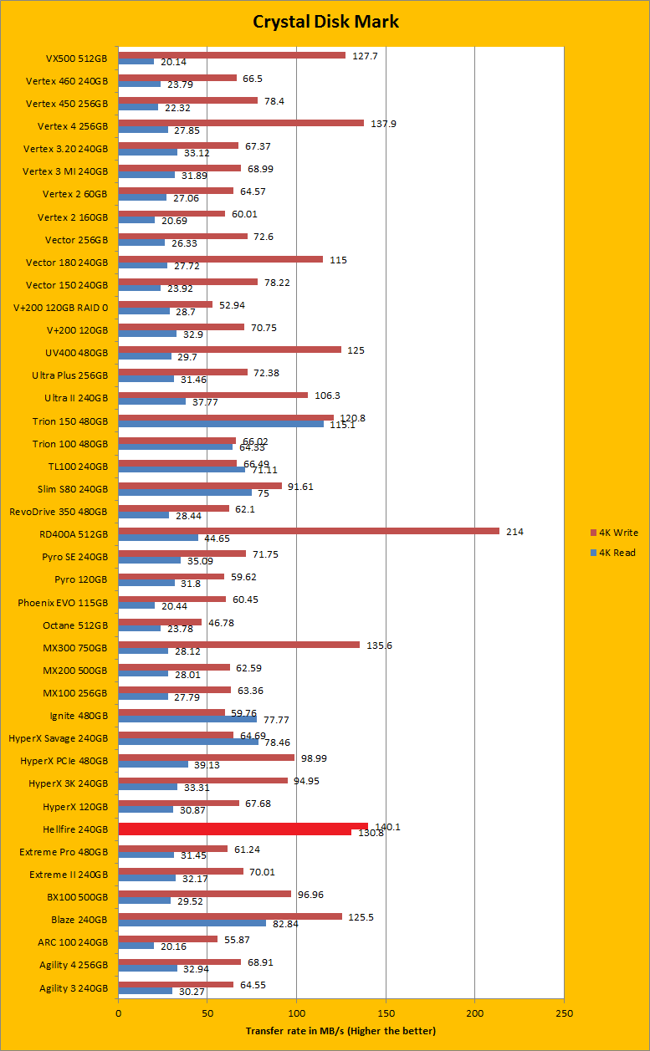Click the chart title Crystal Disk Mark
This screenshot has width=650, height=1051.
325,22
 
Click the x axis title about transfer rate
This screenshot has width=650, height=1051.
340,1030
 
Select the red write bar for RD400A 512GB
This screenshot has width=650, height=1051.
309,531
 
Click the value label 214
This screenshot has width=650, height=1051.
514,531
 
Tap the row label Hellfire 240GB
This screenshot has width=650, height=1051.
74,829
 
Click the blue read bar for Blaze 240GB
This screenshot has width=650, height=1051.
192,923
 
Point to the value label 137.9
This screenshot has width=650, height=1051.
383,123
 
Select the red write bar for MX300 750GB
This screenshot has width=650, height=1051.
238,645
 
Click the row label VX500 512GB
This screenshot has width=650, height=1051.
77,59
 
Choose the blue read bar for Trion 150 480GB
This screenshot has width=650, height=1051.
221,424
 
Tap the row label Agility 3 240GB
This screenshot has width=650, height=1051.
74,987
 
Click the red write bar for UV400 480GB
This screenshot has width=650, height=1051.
229,349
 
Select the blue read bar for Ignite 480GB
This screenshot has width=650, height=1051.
187,718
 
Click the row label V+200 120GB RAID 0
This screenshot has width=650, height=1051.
66,308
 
